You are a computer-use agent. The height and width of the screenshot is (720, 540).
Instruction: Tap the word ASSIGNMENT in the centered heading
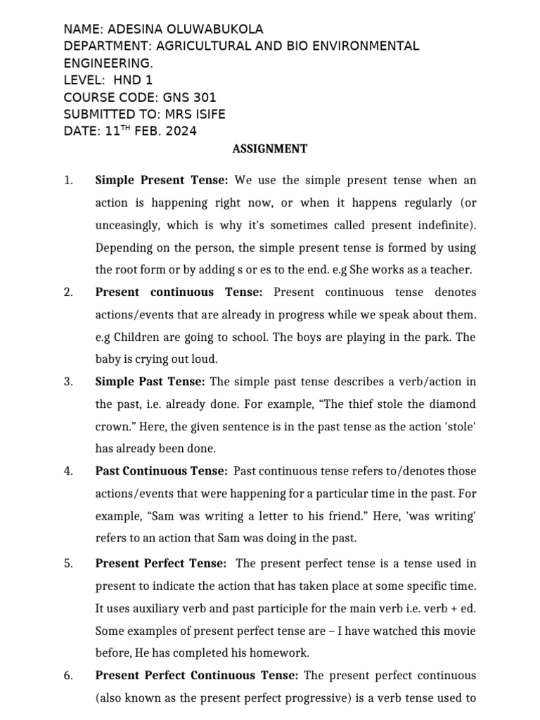tap(269, 148)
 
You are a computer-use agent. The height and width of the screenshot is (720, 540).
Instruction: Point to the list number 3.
tap(68, 382)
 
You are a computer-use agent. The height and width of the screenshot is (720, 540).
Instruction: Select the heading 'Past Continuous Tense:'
tap(161, 471)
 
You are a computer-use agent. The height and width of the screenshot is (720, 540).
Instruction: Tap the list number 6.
tap(68, 676)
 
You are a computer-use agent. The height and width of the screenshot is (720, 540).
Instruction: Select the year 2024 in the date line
tap(181, 131)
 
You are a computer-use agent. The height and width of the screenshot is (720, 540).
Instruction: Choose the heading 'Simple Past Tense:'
tap(150, 382)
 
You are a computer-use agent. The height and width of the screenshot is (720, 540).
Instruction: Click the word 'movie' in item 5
tap(460, 630)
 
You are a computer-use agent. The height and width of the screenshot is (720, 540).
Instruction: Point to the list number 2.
tap(68, 292)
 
